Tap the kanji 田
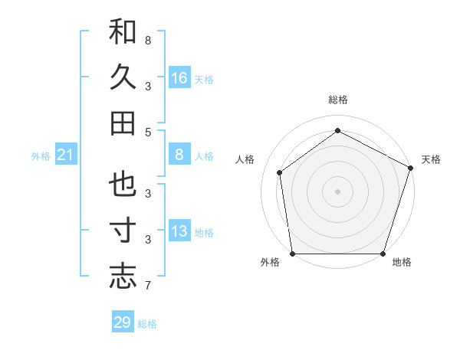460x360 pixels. tap(123, 123)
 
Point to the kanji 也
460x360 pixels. tap(123, 185)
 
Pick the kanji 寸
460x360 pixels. tap(123, 231)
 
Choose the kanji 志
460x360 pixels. tap(123, 277)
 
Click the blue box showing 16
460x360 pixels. tap(179, 77)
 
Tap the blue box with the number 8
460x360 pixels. tap(179, 155)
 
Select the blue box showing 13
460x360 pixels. tap(179, 231)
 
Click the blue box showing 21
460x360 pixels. tap(65, 155)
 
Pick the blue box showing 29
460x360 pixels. tap(122, 322)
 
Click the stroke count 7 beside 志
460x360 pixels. tap(147, 286)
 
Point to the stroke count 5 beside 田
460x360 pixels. tap(147, 132)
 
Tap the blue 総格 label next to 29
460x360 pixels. tap(147, 324)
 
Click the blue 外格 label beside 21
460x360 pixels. tap(41, 156)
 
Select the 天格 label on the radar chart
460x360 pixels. tap(431, 159)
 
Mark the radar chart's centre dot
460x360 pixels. tap(337, 191)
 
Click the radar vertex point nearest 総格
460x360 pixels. tap(337, 131)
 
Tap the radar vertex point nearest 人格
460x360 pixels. tap(280, 172)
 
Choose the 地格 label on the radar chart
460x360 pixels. tap(402, 263)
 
